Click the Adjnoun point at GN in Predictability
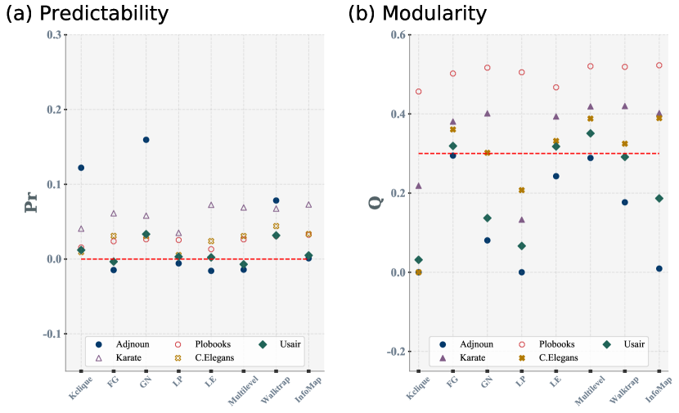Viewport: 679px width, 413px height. click(146, 140)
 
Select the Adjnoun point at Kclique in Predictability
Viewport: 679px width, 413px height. click(81, 168)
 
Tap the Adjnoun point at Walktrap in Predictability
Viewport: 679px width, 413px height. click(276, 200)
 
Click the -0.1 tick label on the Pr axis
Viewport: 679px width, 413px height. click(50, 334)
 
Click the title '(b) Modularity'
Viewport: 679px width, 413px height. click(416, 14)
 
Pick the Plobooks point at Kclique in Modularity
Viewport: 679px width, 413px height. click(419, 92)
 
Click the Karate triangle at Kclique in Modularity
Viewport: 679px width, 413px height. click(419, 186)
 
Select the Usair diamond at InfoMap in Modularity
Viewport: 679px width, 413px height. click(659, 199)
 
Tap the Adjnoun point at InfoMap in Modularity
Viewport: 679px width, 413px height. click(659, 268)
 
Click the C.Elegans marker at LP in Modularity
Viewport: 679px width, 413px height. click(521, 191)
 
